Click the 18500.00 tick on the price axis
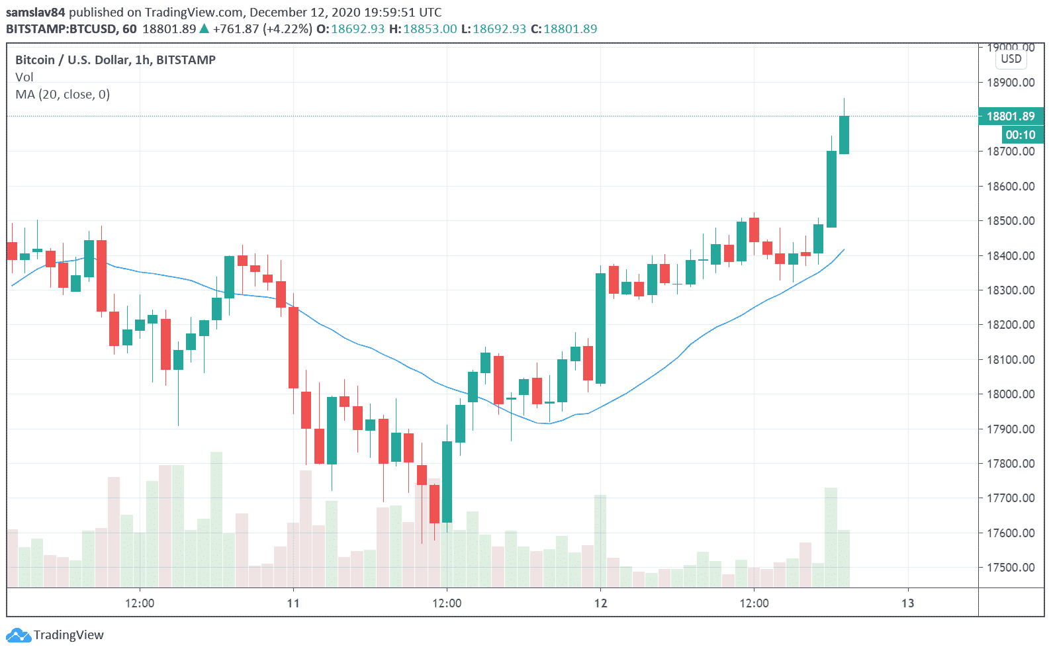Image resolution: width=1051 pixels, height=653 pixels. pos(1010,221)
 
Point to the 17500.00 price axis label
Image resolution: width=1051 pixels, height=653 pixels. pos(1010,568)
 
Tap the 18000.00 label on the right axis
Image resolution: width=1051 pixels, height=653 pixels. pos(1010,394)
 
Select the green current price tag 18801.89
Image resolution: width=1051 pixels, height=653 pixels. pos(1010,116)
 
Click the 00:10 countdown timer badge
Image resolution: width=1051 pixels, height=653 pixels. pos(1019,135)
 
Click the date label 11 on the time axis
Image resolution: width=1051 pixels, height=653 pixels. pos(293,603)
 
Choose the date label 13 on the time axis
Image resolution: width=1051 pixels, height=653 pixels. pos(907,603)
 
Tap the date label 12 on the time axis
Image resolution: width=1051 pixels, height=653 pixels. pos(600,603)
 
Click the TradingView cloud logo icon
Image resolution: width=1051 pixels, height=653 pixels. pos(18,636)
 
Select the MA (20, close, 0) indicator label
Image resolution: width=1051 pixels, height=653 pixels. pos(63,95)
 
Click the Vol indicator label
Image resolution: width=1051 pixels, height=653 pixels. pos(24,77)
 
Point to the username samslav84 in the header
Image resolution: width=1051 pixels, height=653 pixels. pos(36,13)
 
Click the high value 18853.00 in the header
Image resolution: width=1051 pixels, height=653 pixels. pos(430,29)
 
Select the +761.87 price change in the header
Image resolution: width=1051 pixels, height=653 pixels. pos(236,29)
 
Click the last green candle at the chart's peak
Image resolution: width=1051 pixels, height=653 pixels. pos(844,135)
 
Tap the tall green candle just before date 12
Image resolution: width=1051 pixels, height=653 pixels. pos(600,328)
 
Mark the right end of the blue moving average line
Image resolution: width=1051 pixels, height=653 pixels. pos(844,249)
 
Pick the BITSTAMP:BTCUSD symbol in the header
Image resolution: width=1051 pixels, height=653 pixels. pos(62,29)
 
